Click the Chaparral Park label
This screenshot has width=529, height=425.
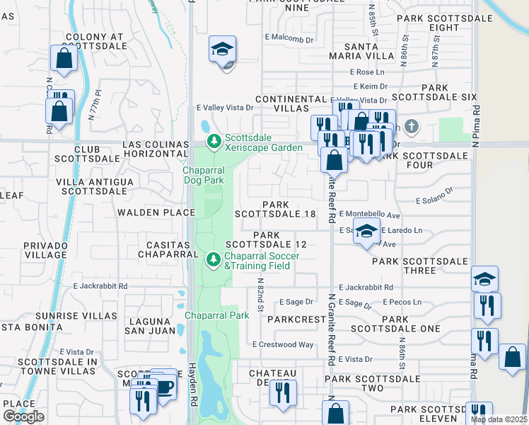(217, 315)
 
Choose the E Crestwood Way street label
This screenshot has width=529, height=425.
(283, 344)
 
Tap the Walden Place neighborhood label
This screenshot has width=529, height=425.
(156, 212)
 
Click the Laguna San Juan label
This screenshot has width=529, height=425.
(149, 325)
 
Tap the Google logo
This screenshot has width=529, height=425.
(23, 416)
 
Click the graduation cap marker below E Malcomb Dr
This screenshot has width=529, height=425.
(222, 50)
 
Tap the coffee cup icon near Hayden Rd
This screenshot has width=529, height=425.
(164, 387)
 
